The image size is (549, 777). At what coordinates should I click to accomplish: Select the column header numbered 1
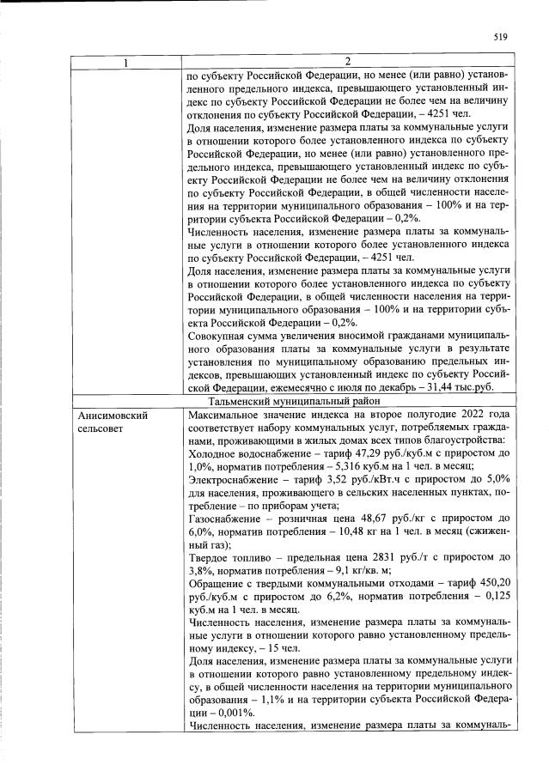point(127,62)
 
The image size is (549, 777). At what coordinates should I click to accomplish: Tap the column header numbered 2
point(346,62)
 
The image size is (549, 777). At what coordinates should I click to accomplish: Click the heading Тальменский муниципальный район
point(346,400)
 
